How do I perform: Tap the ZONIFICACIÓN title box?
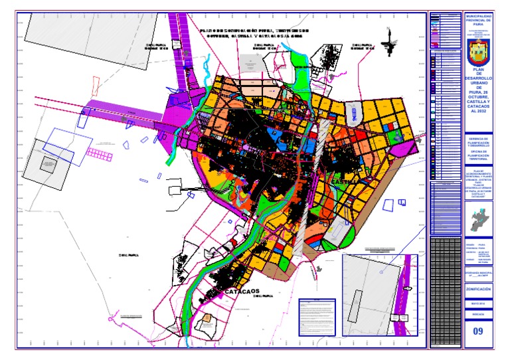click(479, 290)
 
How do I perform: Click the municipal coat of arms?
click(479, 49)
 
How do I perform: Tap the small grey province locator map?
click(479, 217)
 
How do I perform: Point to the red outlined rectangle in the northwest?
click(95, 87)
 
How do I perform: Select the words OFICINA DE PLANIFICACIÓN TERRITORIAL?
click(479, 157)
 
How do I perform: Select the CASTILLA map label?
click(346, 181)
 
